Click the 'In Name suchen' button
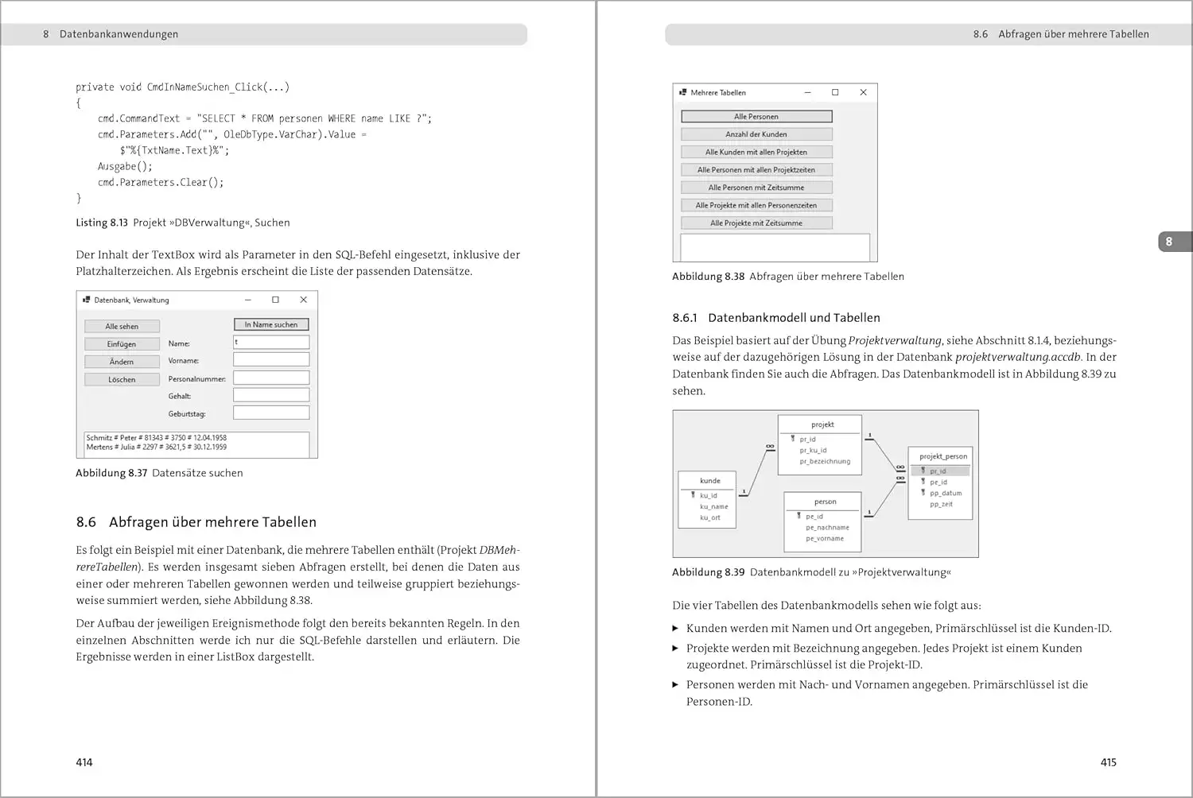pyautogui.click(x=271, y=324)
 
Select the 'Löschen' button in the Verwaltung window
pyautogui.click(x=122, y=380)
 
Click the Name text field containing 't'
pyautogui.click(x=271, y=343)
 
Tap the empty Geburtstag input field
pyautogui.click(x=271, y=413)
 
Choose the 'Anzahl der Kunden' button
pyautogui.click(x=756, y=134)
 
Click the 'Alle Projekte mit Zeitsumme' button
pyautogui.click(x=756, y=223)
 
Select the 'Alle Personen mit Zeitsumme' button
pyautogui.click(x=756, y=188)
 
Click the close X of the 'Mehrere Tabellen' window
pyautogui.click(x=863, y=92)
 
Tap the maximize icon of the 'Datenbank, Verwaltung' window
pyautogui.click(x=275, y=300)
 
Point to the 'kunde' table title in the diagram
pyautogui.click(x=709, y=481)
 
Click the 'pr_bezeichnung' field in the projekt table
pyautogui.click(x=825, y=462)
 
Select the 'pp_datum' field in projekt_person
pyautogui.click(x=946, y=494)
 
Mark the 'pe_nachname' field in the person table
pyautogui.click(x=827, y=528)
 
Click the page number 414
pyautogui.click(x=84, y=762)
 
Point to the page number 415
pyautogui.click(x=1108, y=762)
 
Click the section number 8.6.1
pyautogui.click(x=685, y=318)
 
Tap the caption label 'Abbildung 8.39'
pyautogui.click(x=708, y=572)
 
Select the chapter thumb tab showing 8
pyautogui.click(x=1169, y=242)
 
